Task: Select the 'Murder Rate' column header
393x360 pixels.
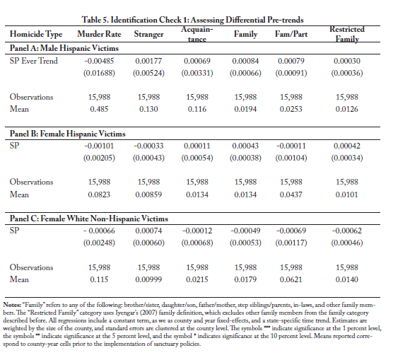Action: (99, 34)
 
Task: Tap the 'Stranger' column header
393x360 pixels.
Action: (148, 34)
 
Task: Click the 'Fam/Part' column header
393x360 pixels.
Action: (291, 34)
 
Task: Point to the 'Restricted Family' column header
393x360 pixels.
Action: (347, 34)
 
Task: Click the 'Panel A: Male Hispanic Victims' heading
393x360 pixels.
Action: (64, 48)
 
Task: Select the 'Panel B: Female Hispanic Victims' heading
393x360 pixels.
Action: (68, 134)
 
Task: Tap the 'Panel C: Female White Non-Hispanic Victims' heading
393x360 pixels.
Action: (89, 219)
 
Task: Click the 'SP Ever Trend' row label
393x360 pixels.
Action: (34, 61)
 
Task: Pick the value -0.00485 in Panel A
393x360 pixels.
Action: (99, 61)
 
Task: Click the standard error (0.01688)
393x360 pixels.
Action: (99, 73)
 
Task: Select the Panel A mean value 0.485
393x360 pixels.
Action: (99, 109)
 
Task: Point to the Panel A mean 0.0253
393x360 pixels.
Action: (291, 109)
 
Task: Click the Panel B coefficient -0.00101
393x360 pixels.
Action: (99, 146)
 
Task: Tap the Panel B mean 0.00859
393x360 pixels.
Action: (148, 194)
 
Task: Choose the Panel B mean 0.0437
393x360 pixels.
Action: (291, 194)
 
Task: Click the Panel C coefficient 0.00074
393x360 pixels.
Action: (148, 231)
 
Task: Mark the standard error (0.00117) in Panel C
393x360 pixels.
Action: (291, 243)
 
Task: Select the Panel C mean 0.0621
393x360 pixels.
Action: (291, 279)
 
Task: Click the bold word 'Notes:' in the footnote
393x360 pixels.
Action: (12, 305)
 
